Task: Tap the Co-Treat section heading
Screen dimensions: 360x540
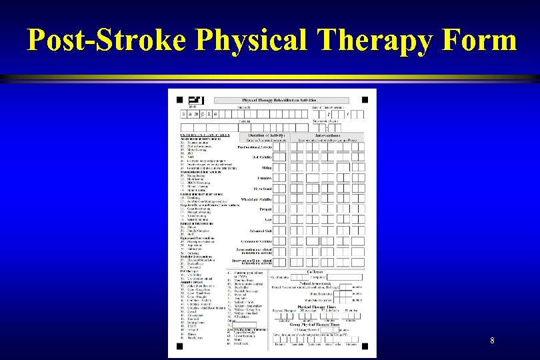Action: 315,272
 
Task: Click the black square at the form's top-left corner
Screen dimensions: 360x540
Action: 179,100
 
